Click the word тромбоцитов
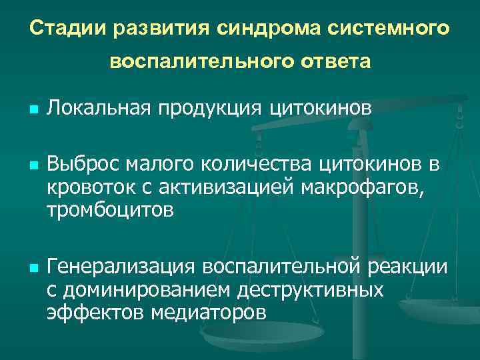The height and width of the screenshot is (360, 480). (110, 211)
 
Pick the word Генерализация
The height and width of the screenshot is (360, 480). (120, 267)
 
